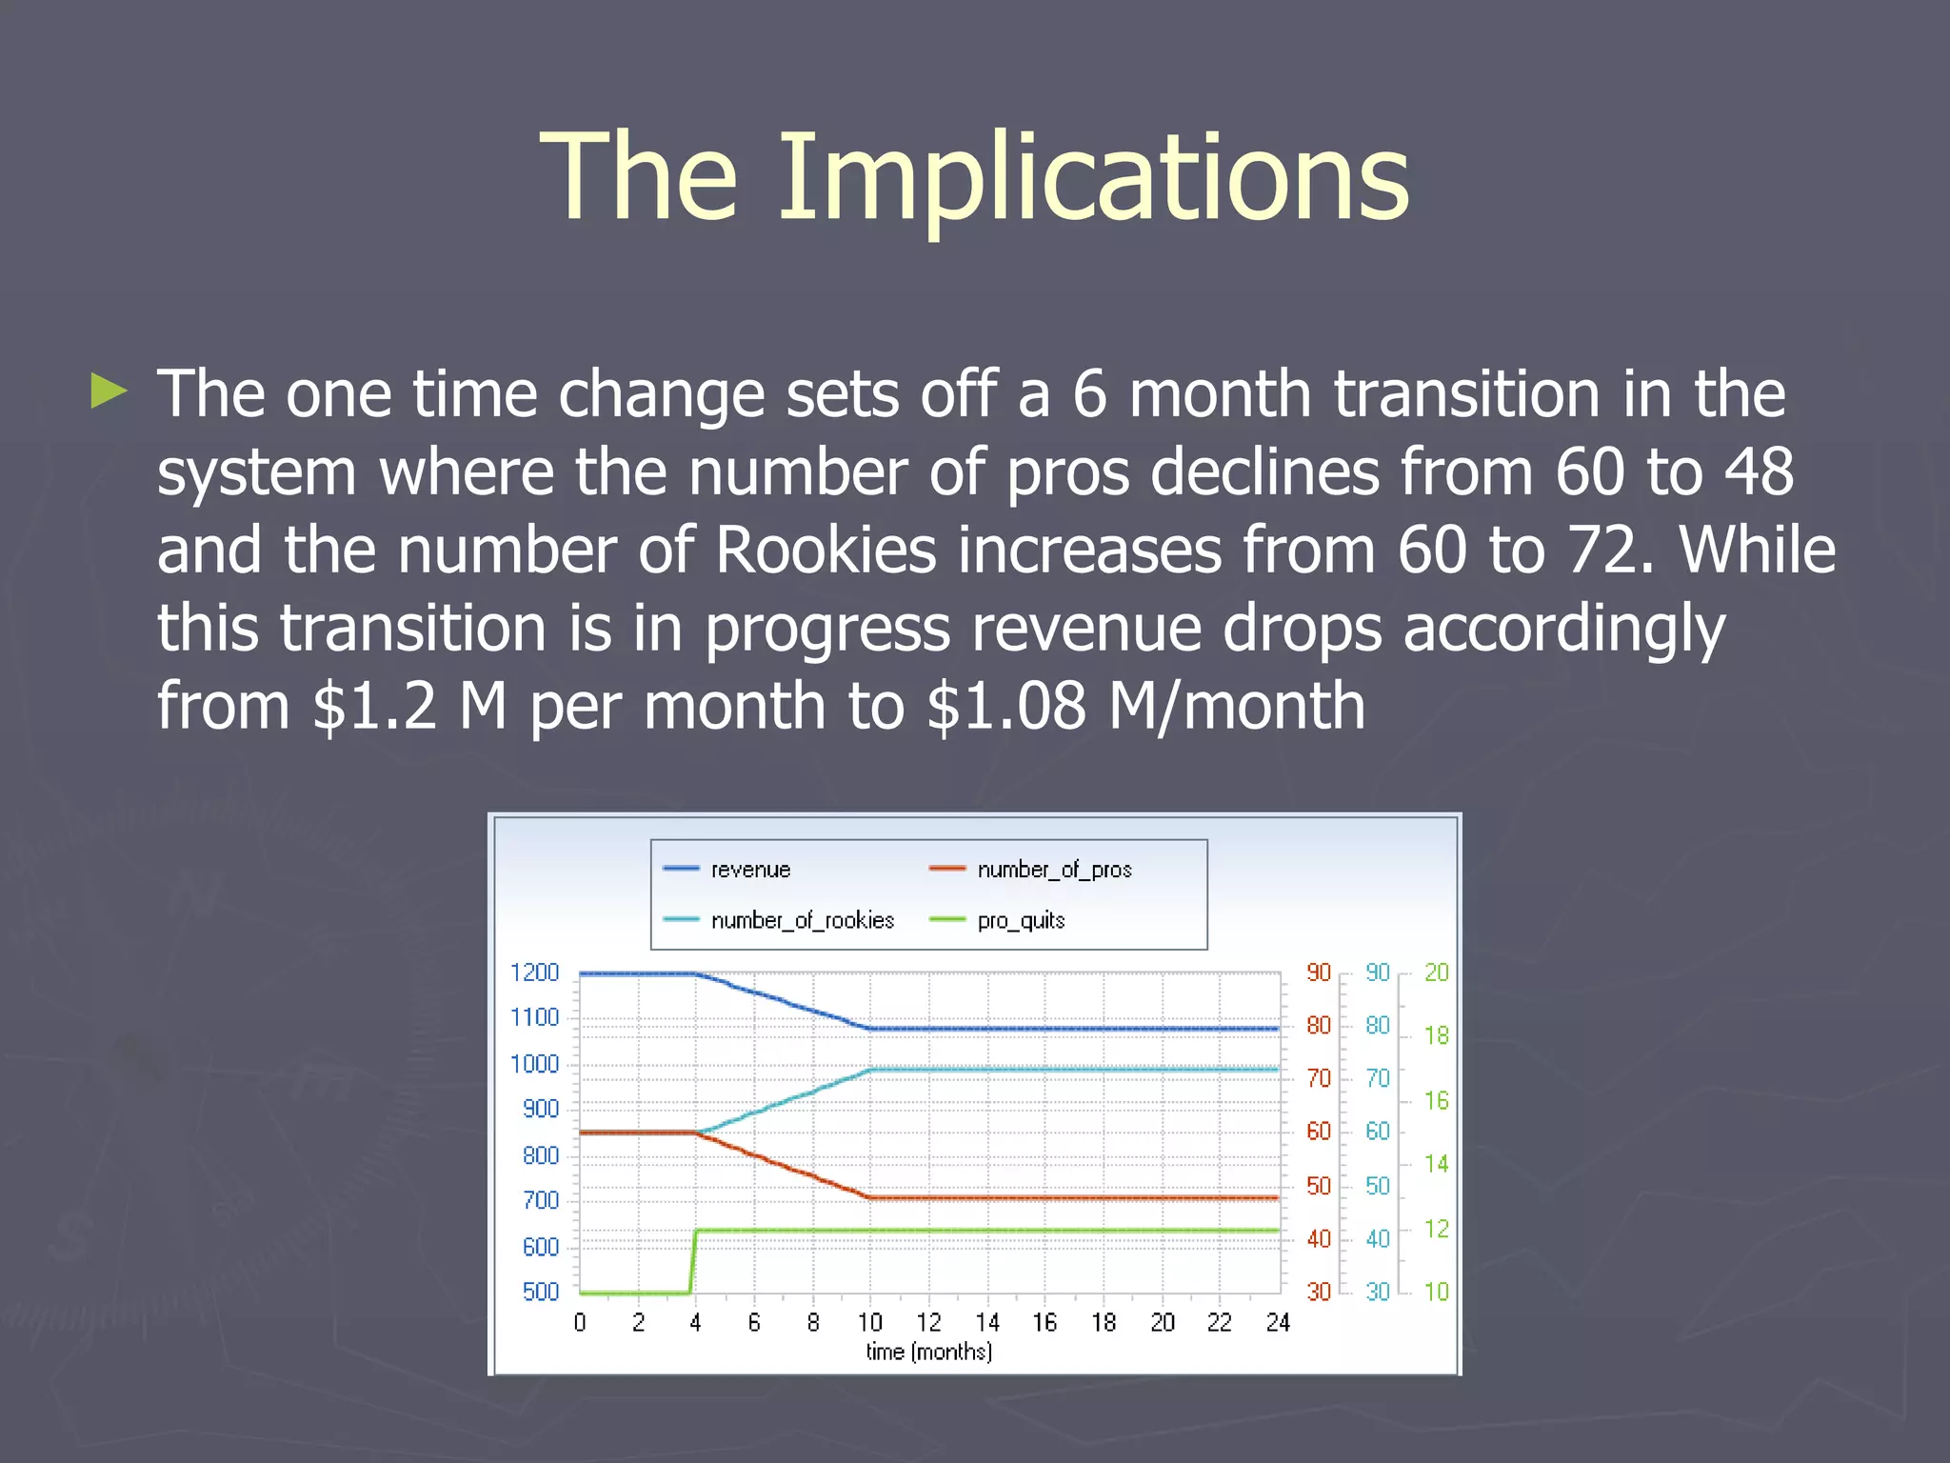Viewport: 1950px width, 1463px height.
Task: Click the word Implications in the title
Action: pos(1093,179)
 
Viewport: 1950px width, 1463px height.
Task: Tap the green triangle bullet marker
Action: pos(109,391)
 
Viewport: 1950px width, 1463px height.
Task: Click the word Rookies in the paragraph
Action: pos(825,551)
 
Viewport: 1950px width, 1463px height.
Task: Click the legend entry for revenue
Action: pos(750,870)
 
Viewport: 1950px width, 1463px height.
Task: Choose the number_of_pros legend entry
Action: pos(1054,870)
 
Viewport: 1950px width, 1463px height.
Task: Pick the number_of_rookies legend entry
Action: pos(802,920)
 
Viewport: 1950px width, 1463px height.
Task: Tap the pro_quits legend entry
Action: pos(1021,920)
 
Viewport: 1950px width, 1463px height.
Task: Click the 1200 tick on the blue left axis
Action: pos(534,972)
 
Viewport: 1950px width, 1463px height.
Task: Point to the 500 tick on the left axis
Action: pos(540,1292)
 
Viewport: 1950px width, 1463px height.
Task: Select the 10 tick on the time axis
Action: pos(869,1322)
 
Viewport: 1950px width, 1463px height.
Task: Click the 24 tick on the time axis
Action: pos(1277,1322)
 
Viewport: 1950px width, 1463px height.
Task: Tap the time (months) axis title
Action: pos(928,1352)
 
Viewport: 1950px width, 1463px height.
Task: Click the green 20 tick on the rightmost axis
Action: pos(1436,972)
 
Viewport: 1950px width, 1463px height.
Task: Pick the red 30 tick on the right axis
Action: pos(1318,1292)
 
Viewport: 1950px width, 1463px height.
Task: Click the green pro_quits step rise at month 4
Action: pos(692,1262)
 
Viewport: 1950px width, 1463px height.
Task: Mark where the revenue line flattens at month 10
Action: pos(870,1029)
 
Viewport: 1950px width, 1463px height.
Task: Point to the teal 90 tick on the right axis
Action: pos(1377,972)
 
